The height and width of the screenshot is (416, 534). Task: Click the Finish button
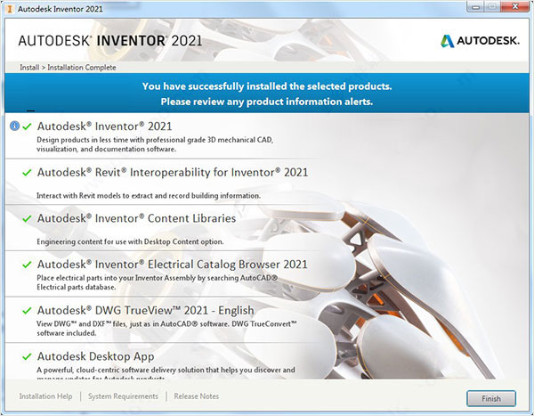(490, 398)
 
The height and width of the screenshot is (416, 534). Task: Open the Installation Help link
(46, 396)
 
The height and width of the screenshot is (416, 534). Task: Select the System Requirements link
(125, 396)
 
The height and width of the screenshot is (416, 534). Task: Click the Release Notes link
(197, 396)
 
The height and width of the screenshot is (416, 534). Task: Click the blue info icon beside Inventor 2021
(14, 126)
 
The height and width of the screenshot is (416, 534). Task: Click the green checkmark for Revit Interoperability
(27, 172)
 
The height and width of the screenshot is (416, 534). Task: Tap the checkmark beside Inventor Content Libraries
(27, 218)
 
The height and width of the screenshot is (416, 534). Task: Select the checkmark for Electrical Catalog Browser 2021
(27, 265)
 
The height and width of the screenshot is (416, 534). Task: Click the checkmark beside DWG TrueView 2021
(27, 311)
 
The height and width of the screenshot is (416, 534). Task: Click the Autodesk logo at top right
(480, 40)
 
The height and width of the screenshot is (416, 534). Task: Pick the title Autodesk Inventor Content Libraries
(136, 218)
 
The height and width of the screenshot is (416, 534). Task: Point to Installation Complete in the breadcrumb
(82, 67)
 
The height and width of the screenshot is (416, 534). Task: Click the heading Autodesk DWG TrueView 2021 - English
(145, 310)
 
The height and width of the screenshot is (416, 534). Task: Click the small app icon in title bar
(8, 7)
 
